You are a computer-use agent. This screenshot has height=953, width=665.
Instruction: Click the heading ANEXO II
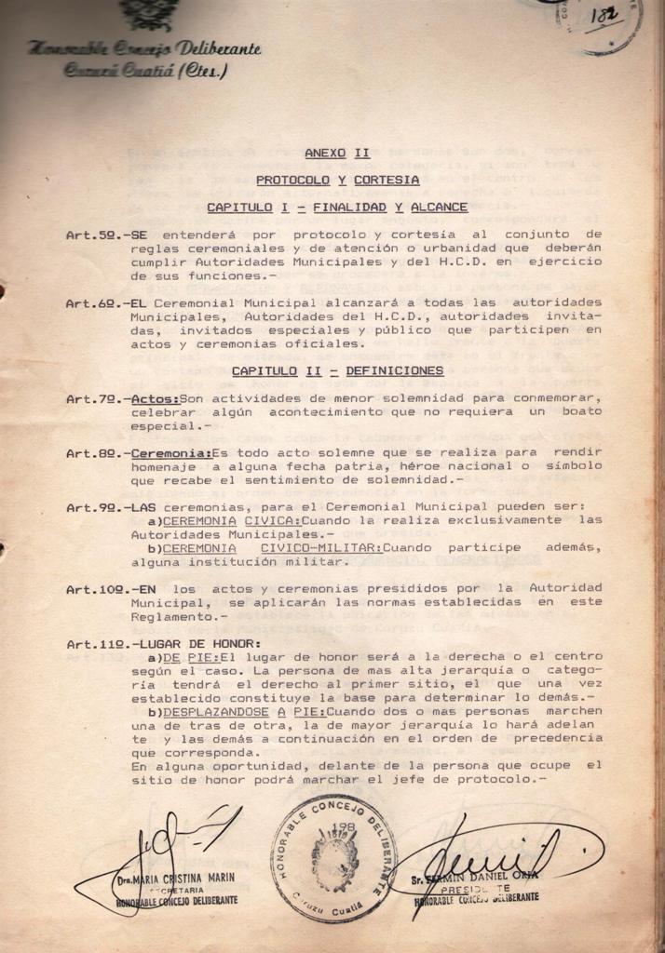(x=337, y=153)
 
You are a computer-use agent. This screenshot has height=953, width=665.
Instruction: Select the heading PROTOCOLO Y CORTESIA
(x=337, y=180)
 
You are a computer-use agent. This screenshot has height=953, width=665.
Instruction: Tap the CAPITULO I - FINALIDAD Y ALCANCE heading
(x=337, y=207)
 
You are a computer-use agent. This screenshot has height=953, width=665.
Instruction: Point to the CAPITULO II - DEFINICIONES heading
(x=337, y=370)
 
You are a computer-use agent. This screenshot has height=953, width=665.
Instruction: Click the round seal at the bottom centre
(x=333, y=859)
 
